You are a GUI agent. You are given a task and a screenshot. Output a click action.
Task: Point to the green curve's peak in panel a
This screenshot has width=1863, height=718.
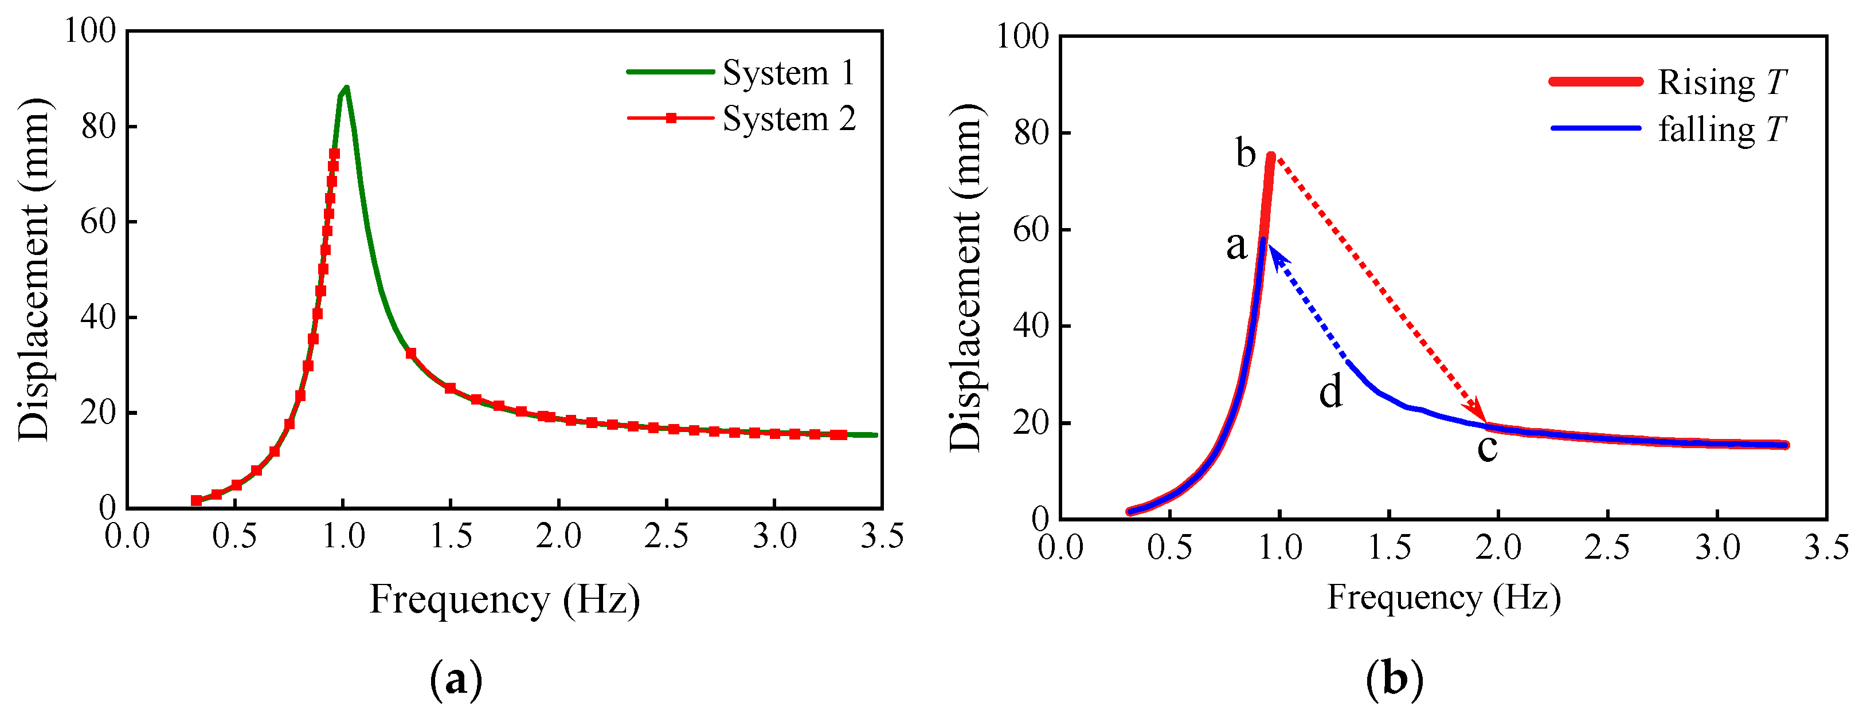coord(346,88)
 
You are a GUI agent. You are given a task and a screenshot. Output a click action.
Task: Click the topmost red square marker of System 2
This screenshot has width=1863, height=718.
coord(334,154)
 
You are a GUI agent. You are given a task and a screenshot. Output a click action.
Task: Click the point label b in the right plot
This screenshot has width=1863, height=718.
coord(1246,154)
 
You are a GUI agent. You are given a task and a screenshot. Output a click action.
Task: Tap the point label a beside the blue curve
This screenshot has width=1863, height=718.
coord(1236,245)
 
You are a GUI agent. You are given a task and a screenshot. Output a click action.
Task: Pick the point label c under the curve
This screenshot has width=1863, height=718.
coord(1487,448)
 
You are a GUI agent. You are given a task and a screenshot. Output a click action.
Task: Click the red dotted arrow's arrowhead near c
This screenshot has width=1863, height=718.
coord(1480,414)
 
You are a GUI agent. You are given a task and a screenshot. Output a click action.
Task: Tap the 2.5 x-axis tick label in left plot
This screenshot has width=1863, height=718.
coord(666,536)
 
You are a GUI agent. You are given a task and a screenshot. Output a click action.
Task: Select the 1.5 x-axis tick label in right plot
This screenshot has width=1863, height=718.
coord(1390,547)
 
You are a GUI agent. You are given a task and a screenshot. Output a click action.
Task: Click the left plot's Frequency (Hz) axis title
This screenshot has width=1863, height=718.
coord(505,599)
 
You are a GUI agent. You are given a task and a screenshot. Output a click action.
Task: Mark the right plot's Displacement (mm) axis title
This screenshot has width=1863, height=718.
coord(966,278)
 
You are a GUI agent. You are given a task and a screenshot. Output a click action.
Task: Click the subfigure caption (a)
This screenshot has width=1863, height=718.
coord(456,680)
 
